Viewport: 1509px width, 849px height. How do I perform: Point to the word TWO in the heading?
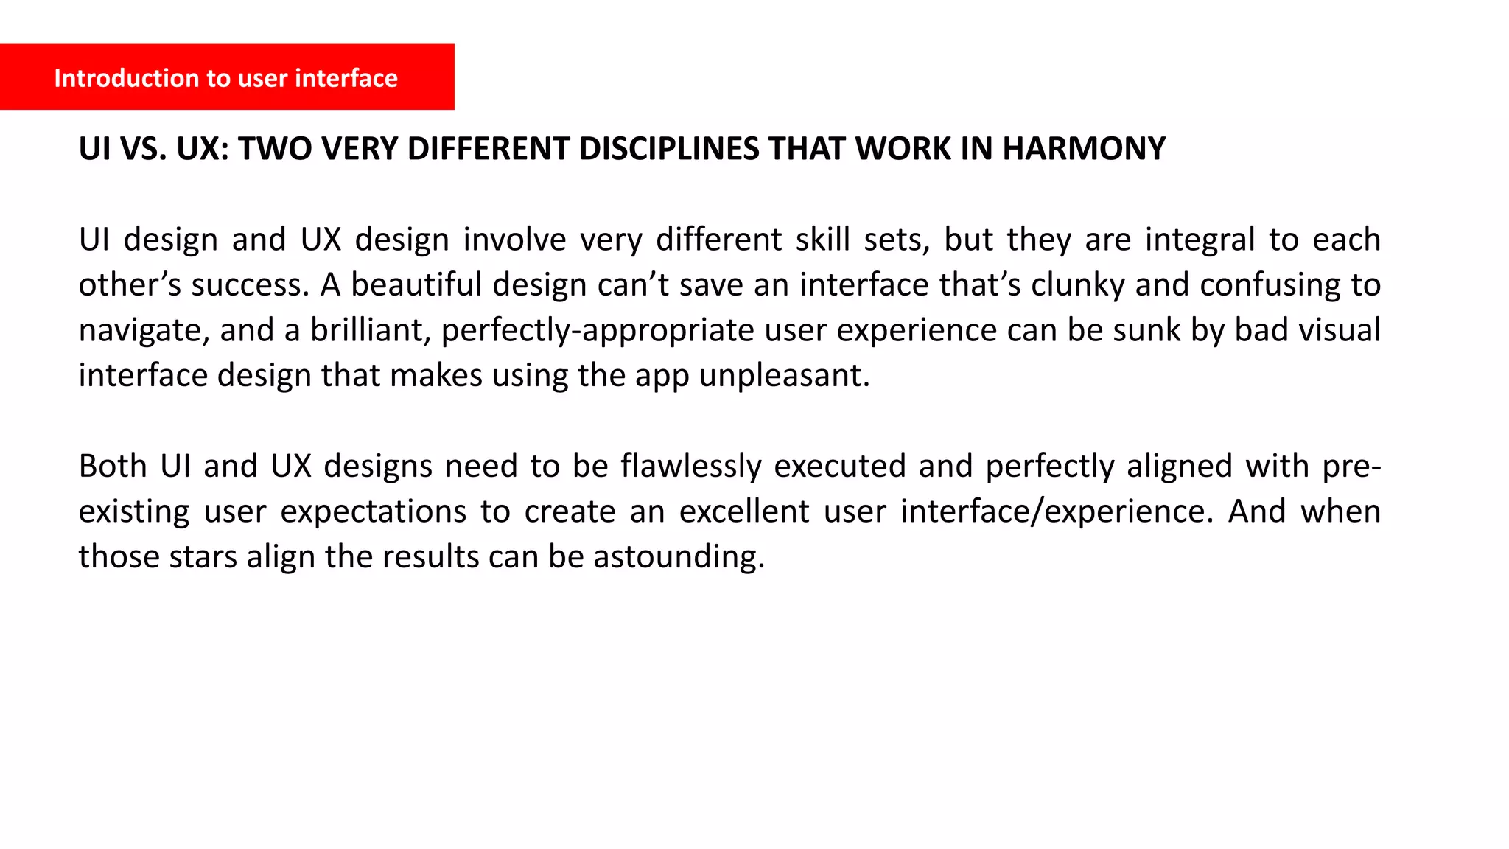coord(274,149)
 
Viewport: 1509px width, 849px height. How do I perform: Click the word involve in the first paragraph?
coord(514,240)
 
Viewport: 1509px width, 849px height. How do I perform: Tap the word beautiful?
coord(416,285)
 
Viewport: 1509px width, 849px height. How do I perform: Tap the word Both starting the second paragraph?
coord(113,467)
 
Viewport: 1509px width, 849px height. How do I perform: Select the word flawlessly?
coord(690,467)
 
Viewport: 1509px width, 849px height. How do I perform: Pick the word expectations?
coord(374,512)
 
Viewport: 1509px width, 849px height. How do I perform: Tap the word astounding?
coord(679,557)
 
